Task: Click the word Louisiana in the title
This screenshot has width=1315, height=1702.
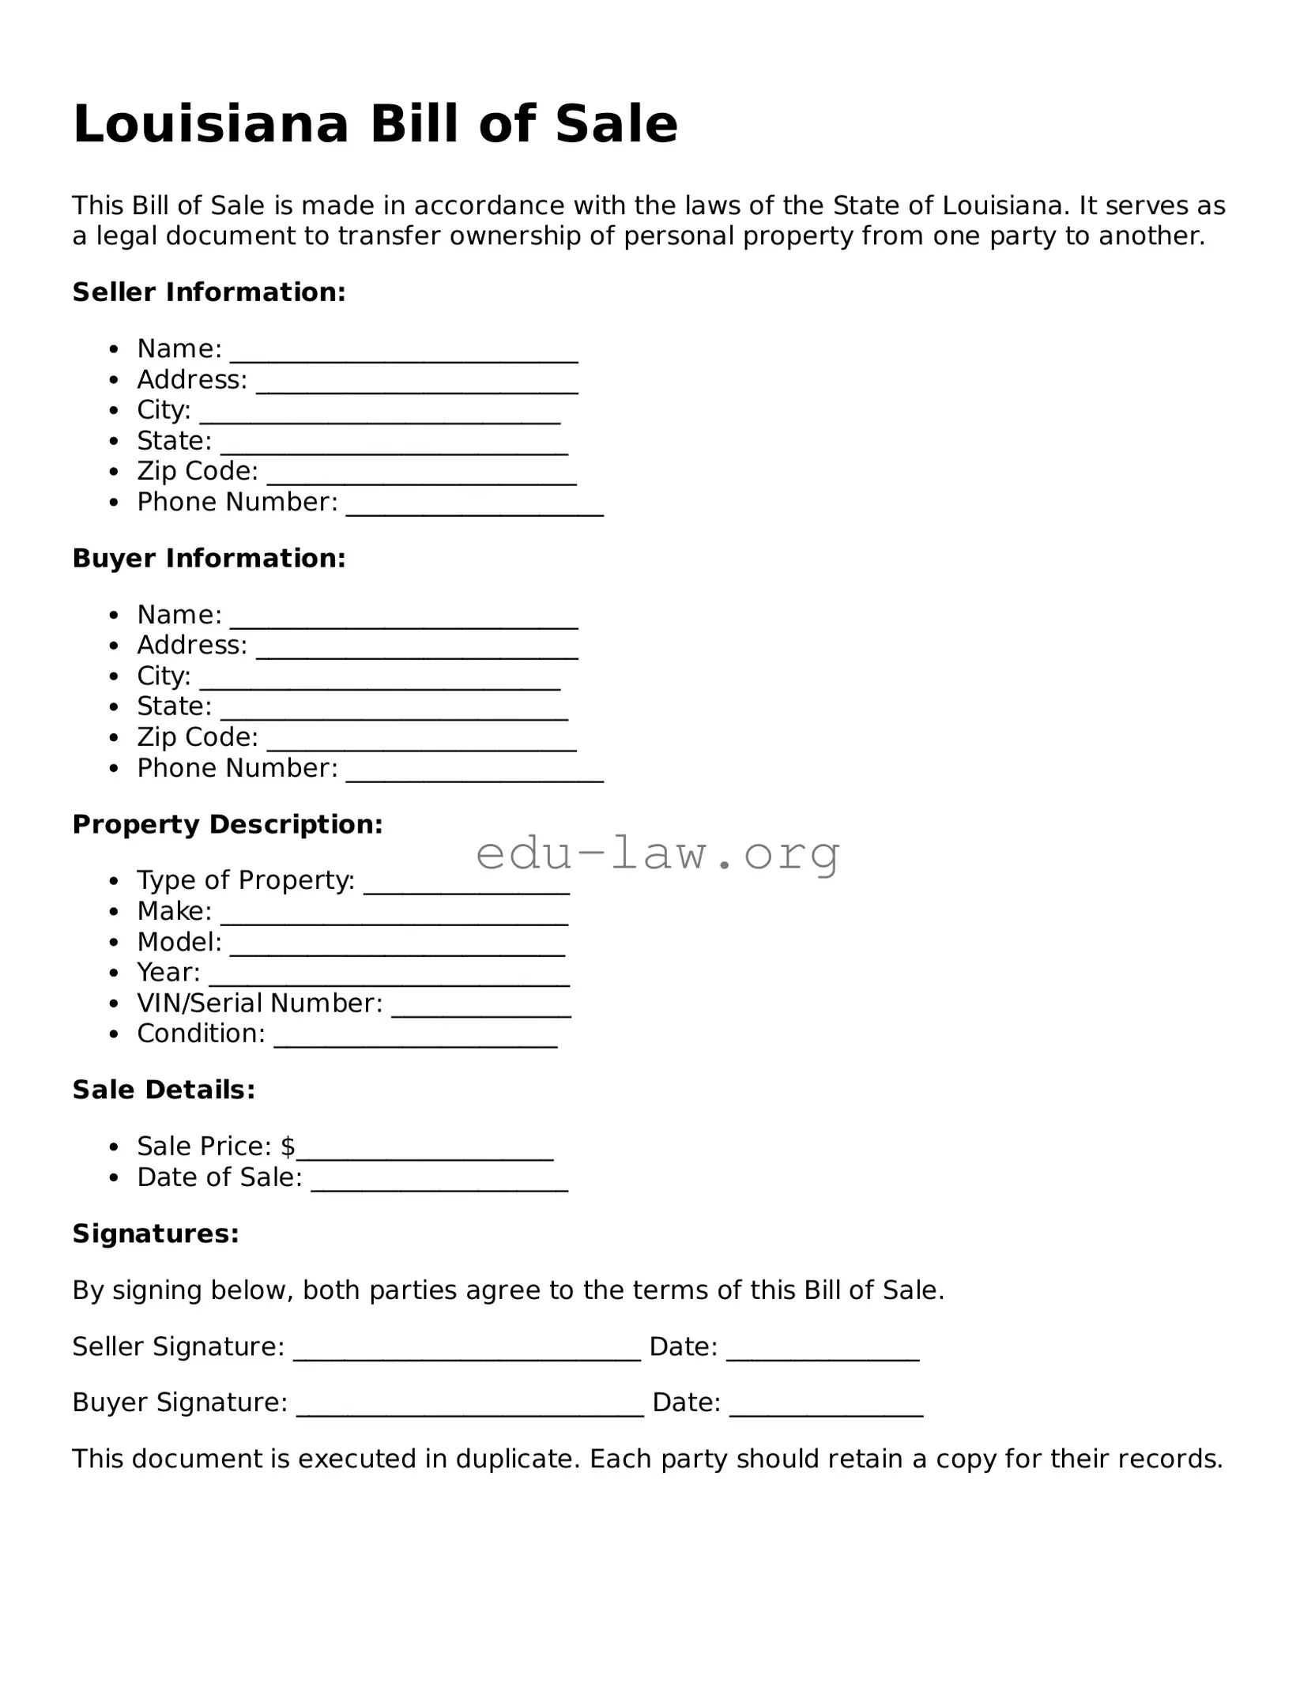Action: click(x=210, y=124)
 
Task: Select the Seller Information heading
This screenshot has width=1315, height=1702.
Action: click(x=209, y=292)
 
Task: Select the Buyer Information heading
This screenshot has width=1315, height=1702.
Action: click(x=209, y=559)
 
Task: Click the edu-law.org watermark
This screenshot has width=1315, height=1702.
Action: click(x=657, y=853)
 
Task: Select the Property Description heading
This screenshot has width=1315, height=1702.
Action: click(x=228, y=824)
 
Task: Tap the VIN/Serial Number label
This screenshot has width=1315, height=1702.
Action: click(x=259, y=1003)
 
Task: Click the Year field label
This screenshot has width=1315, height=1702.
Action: click(x=168, y=972)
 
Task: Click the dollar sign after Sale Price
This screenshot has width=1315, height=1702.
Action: click(x=288, y=1146)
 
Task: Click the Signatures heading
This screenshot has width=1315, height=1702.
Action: click(x=156, y=1233)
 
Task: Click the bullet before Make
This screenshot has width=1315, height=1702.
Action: click(x=115, y=912)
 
